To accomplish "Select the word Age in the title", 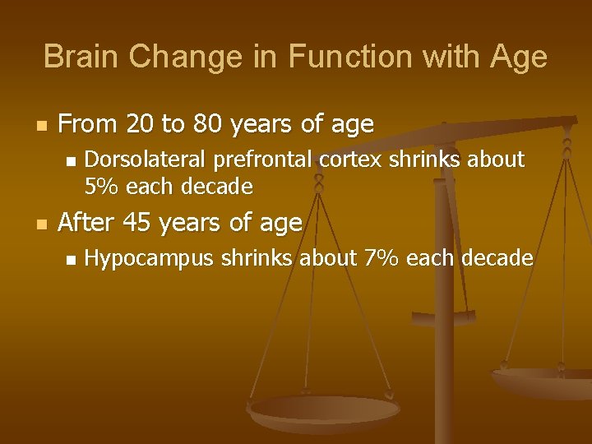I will point(517,57).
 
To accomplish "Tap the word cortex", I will point(352,158).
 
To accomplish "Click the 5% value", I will point(101,187).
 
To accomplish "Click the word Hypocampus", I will point(148,259).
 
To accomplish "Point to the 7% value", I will point(381,259).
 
